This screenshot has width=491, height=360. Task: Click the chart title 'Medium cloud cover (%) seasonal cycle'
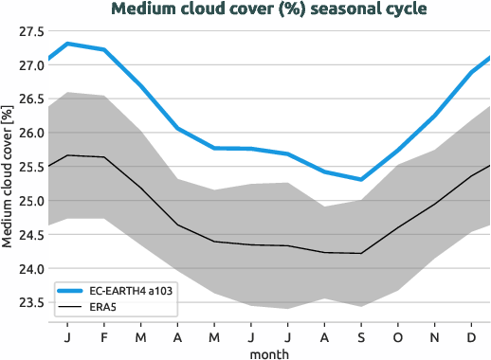click(x=268, y=9)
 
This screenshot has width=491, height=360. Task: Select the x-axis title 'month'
click(x=268, y=352)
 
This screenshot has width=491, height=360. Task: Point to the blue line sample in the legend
click(x=72, y=291)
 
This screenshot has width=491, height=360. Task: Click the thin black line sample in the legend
click(x=72, y=307)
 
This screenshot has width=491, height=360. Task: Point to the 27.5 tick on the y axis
click(x=30, y=31)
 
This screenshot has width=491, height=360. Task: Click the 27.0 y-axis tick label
click(x=30, y=65)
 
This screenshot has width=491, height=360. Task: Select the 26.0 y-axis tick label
click(x=30, y=133)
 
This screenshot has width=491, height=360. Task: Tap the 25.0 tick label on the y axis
click(x=30, y=201)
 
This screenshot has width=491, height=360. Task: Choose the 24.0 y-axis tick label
click(x=30, y=269)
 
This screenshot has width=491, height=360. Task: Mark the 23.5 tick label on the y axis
click(x=30, y=302)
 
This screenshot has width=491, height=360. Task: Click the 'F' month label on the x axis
click(x=103, y=336)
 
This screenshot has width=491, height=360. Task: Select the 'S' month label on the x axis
click(x=360, y=336)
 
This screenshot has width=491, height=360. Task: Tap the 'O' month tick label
click(x=397, y=336)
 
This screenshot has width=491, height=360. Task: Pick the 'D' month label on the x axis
click(x=470, y=336)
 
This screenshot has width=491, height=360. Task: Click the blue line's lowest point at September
click(x=360, y=179)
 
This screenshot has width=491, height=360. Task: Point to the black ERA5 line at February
click(x=103, y=157)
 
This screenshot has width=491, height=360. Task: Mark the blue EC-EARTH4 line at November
click(x=434, y=116)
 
